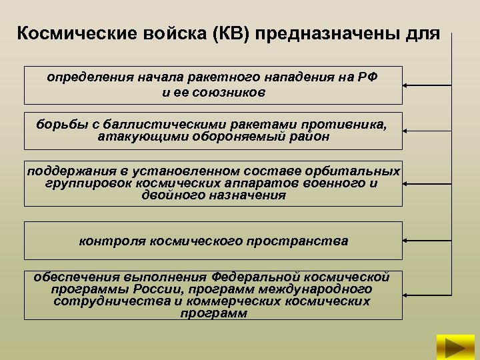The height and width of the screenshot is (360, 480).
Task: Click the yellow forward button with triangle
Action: click(455, 347)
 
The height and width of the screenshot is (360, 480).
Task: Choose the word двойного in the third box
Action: click(169, 195)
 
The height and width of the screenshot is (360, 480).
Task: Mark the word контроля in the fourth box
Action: click(106, 241)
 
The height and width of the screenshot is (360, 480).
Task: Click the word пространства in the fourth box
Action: click(307, 241)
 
